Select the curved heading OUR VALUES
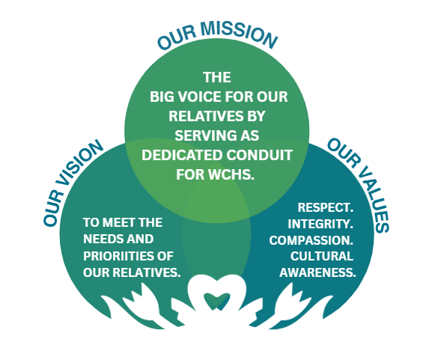coord(359,185)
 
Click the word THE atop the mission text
coord(217,77)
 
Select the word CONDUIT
coord(260,155)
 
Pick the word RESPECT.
coord(326,207)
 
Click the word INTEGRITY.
coord(320,224)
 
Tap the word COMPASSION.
coord(311,240)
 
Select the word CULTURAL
coord(322,256)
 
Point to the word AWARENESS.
coord(317,272)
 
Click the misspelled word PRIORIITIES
coord(116,256)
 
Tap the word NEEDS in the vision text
coord(99,239)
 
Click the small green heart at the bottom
coord(216,301)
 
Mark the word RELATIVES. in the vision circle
coord(147,272)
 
